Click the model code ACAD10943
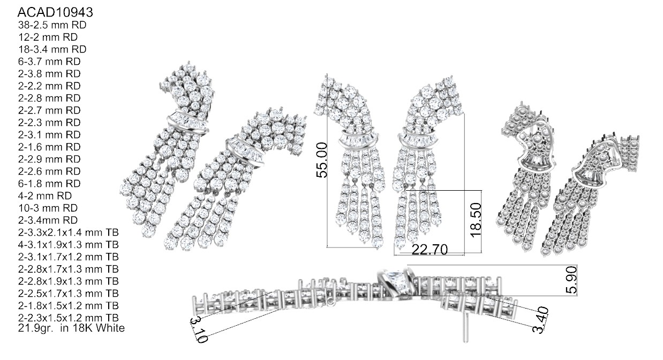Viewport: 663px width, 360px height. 55,12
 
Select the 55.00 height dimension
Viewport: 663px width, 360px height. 322,160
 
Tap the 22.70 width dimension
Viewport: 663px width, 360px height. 430,250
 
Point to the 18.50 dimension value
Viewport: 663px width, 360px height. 476,220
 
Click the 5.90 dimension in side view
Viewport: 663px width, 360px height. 571,280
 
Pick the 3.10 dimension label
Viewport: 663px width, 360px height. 199,329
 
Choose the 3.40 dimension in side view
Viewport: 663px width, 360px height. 540,320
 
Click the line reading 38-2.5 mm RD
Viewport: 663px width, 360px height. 52,25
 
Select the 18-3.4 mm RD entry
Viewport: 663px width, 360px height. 52,49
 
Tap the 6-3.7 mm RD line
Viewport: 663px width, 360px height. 49,62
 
